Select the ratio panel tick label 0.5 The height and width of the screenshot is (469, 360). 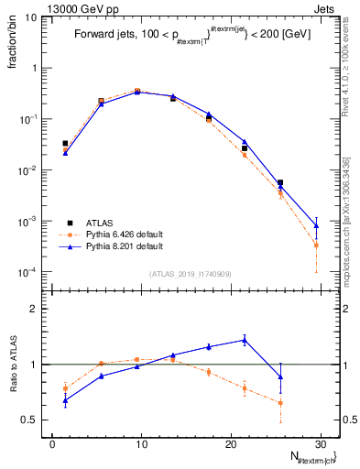29,420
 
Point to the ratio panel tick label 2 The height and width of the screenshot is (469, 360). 34,309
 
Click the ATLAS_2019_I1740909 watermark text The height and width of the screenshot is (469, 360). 191,274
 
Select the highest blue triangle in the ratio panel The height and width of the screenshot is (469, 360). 245,340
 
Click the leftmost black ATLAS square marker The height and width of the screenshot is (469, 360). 65,143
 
